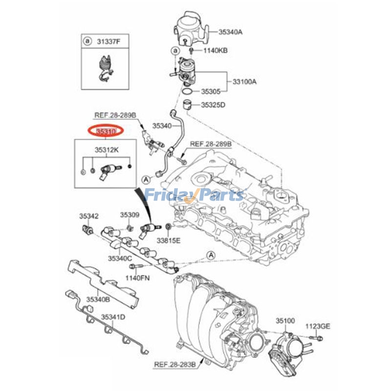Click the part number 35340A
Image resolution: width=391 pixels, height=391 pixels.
click(x=230, y=32)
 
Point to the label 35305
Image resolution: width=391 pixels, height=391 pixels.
click(x=211, y=91)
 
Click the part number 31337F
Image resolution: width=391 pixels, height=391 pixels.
click(x=108, y=41)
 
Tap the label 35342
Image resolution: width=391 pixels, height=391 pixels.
click(x=89, y=216)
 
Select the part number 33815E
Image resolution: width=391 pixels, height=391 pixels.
click(x=169, y=240)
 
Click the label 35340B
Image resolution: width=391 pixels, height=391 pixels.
click(x=98, y=299)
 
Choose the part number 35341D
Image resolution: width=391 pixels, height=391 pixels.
click(x=113, y=317)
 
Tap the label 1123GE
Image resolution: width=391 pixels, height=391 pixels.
click(x=318, y=326)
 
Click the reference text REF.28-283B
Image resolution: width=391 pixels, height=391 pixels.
click(x=175, y=364)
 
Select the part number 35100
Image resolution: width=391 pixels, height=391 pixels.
click(x=285, y=321)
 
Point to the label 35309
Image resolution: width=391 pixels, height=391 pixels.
click(x=130, y=215)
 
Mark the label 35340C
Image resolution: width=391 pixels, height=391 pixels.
click(x=120, y=258)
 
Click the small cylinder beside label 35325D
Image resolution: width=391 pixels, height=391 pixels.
click(x=186, y=104)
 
